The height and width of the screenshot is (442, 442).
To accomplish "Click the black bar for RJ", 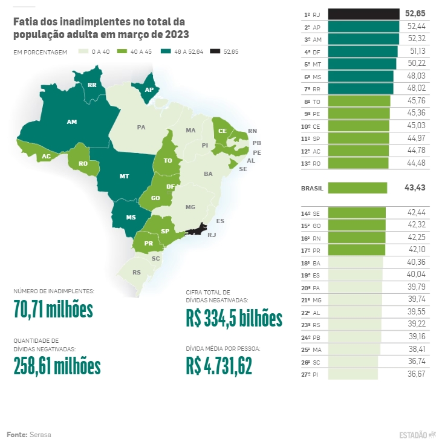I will point(363,13).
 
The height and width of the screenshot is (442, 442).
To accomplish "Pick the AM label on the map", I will point(71,122).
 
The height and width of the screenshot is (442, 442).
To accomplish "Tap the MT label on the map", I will point(124,176).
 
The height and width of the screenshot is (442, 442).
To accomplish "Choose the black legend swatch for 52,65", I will point(215,51).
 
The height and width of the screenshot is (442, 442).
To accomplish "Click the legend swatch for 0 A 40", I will point(83,51).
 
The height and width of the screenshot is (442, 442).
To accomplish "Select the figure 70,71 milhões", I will point(53,310).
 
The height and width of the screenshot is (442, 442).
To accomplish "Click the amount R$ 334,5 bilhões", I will point(234,318).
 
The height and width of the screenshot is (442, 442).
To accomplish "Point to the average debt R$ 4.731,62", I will point(219,365).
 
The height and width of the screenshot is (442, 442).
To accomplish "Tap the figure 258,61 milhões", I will point(57,365).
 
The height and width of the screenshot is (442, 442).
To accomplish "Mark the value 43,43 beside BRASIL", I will point(415,188).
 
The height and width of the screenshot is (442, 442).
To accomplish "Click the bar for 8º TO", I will point(359,101).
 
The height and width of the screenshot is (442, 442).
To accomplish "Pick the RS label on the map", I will point(137,273).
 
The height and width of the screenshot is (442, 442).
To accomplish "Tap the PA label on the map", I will point(141,128).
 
